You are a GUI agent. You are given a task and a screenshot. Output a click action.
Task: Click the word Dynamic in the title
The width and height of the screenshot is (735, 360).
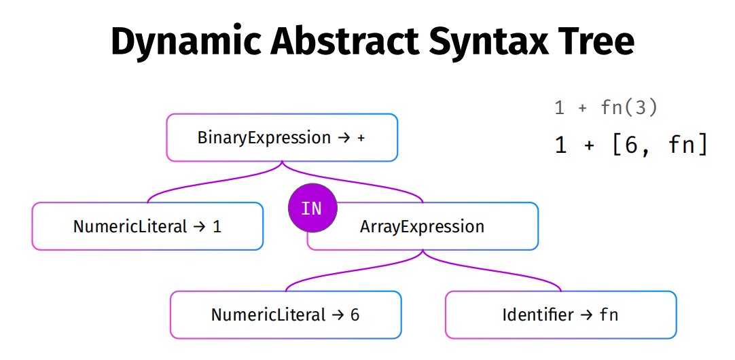click(x=187, y=42)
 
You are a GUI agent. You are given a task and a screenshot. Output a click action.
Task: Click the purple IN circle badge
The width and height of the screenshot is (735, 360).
click(x=312, y=208)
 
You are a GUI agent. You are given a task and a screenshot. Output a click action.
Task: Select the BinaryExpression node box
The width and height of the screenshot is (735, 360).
click(x=282, y=137)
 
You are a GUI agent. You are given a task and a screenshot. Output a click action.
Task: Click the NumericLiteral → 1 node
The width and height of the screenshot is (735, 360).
click(x=147, y=226)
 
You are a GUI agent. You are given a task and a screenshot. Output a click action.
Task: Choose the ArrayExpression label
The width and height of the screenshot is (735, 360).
click(x=422, y=226)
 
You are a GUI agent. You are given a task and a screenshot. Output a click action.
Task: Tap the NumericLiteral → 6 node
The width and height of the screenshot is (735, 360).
click(x=285, y=314)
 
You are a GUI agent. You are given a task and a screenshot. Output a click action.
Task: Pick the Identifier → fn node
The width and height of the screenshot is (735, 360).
click(x=560, y=314)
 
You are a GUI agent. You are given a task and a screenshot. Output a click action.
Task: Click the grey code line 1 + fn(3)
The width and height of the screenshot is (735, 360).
click(x=606, y=108)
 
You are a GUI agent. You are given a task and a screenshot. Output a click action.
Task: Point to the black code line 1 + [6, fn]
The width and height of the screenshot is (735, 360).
click(x=631, y=145)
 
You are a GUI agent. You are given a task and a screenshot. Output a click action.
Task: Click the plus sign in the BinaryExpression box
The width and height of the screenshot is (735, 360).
click(x=361, y=139)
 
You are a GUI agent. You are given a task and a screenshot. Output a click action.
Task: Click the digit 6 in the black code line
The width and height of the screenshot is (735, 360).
click(x=631, y=145)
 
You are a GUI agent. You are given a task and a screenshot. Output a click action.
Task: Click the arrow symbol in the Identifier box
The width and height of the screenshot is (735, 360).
click(x=586, y=315)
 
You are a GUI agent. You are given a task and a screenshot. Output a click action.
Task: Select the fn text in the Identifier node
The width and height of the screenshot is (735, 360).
click(x=609, y=314)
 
